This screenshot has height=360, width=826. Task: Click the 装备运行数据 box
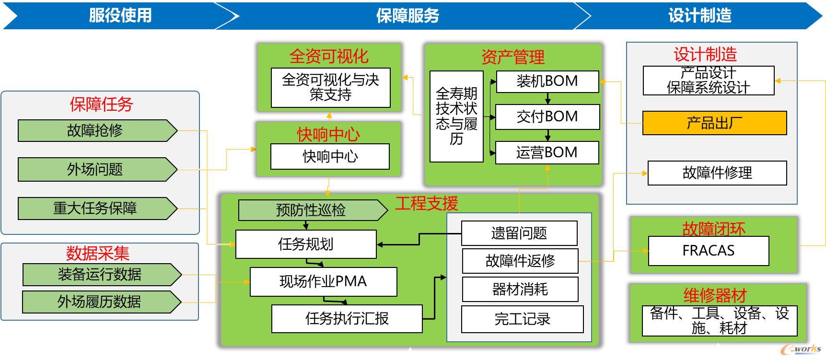[x=101, y=275]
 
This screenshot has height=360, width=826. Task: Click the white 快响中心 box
[x=330, y=157]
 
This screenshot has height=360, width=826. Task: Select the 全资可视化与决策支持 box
[x=330, y=88]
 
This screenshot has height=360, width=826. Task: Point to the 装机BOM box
[x=547, y=81]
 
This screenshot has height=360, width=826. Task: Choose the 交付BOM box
[x=547, y=117]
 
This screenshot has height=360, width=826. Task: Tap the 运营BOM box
[x=547, y=152]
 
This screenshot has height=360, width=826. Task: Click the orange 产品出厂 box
[x=714, y=123]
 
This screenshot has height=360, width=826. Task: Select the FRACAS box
[x=708, y=251]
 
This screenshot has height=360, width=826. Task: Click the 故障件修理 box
[x=717, y=173]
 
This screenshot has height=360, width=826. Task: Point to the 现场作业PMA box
[x=323, y=281]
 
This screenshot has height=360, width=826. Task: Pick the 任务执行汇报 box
[x=347, y=319]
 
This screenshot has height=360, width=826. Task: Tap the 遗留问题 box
[x=519, y=233]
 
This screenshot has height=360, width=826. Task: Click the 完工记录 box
[x=522, y=319]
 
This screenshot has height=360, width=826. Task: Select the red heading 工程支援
[x=426, y=204]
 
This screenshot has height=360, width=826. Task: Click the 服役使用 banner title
[x=120, y=15]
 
